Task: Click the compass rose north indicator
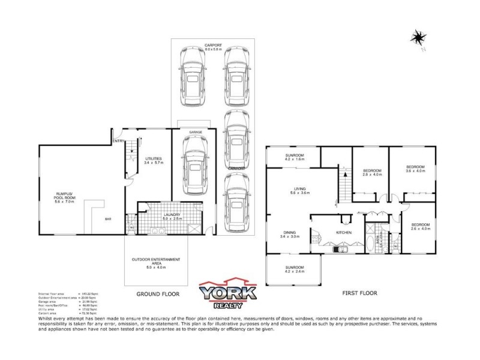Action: [417, 38]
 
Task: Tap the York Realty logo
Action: [228, 295]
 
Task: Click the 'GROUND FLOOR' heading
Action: [158, 295]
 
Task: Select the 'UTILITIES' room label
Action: [154, 159]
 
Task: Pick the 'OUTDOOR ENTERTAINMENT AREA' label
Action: [155, 262]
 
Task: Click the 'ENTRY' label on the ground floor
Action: [118, 141]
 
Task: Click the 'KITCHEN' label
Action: [343, 232]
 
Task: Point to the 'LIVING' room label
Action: [293, 189]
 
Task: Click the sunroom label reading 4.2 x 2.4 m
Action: [294, 269]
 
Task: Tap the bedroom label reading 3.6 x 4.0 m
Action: [415, 169]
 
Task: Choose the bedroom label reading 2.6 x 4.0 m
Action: [419, 226]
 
